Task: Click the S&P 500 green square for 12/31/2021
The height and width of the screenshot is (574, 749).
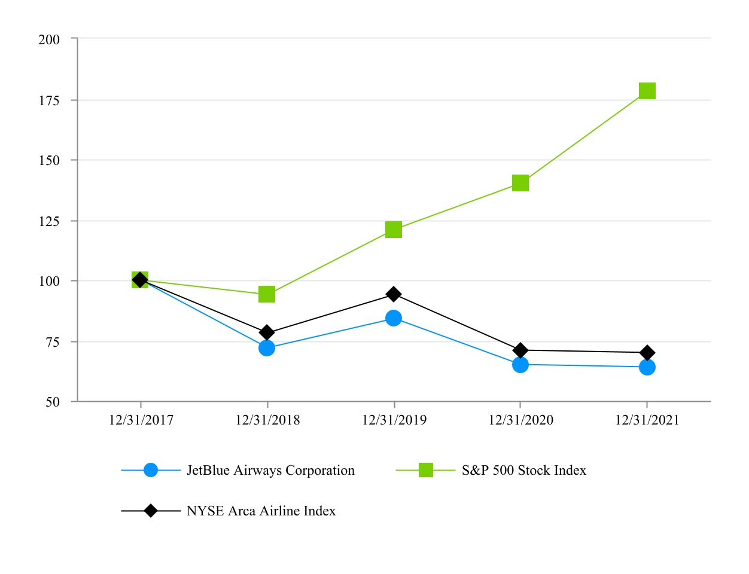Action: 647,91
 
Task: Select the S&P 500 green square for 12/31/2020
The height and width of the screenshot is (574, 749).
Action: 520,183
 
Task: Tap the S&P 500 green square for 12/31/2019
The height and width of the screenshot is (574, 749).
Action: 394,230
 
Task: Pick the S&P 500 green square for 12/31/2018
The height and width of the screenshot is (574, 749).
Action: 267,294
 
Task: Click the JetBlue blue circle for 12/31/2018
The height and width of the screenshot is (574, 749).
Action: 267,348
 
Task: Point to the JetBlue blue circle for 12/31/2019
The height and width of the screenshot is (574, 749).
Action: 394,318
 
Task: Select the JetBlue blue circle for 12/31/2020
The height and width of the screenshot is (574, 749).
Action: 520,365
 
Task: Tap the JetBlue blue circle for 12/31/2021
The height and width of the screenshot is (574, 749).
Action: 647,367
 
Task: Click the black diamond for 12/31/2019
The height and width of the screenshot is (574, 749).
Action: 394,294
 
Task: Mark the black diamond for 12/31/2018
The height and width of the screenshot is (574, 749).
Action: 267,332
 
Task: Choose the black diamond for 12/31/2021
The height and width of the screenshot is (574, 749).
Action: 647,353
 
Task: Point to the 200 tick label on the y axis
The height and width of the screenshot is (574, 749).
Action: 49,39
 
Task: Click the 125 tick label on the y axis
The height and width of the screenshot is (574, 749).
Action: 49,221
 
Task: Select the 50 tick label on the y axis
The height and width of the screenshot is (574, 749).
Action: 53,402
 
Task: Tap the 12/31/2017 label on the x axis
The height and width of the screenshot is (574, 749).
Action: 141,420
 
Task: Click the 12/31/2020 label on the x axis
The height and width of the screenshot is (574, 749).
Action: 520,420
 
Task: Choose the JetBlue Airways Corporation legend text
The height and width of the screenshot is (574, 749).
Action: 270,471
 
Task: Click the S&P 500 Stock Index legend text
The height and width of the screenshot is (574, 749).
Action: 523,471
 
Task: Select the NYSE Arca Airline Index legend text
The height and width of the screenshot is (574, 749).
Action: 261,511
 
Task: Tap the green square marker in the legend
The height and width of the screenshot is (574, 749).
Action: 425,471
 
